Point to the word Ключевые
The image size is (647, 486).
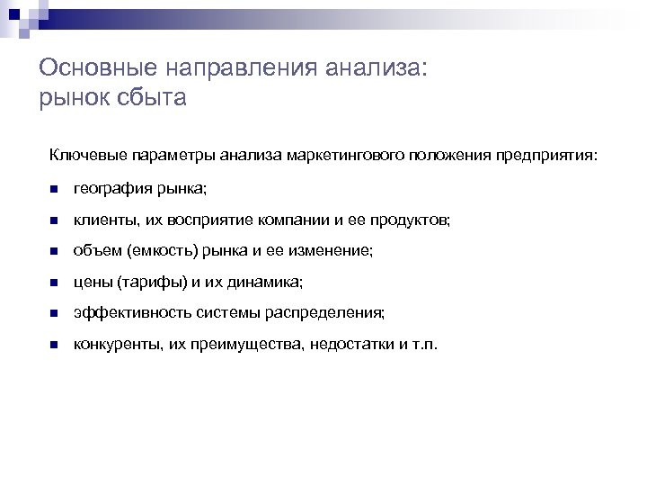pos(83,156)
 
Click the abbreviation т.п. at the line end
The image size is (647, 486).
pos(422,345)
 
